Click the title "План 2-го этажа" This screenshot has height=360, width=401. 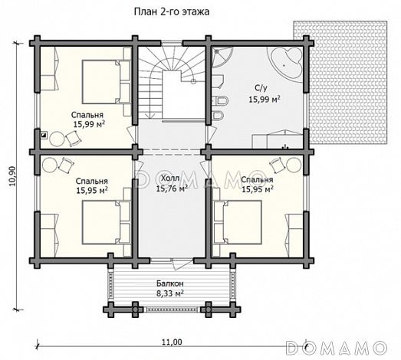coord(172,11)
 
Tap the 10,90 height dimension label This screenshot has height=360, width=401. coord(12,176)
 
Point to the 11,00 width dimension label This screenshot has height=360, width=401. coord(172,342)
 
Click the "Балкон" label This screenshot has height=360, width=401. coord(170,283)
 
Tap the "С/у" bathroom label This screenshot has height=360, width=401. coord(261,88)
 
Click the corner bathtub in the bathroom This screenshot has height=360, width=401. coord(285,63)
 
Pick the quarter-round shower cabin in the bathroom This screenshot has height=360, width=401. coord(222,57)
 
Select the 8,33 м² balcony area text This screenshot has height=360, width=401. coord(170,293)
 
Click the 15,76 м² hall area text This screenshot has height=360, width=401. coord(172,188)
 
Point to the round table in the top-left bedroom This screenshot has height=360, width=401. coord(57,139)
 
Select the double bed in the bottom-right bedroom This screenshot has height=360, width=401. coord(238,222)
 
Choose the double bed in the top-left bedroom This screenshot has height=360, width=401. coord(107,82)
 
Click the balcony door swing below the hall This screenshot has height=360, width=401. coord(182,264)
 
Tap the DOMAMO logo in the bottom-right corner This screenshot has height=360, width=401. coord(337,348)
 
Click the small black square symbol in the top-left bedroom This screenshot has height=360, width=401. coord(44,135)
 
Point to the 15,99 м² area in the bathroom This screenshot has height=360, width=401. coord(265,99)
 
